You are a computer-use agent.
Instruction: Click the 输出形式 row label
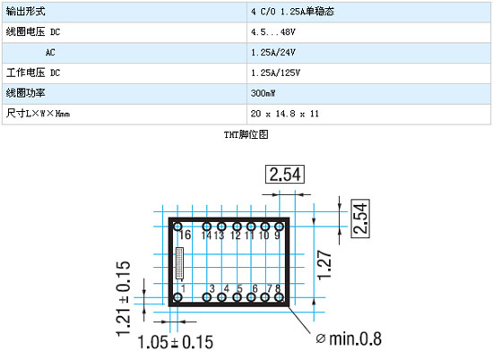click(x=25, y=12)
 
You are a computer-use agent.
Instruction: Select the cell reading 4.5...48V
click(x=272, y=32)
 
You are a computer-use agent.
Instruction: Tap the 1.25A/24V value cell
click(x=272, y=53)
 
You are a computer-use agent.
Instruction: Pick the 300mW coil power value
click(x=264, y=93)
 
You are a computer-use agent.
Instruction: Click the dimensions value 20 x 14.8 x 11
click(x=284, y=114)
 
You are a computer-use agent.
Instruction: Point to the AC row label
click(x=50, y=53)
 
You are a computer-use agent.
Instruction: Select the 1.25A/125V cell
click(x=275, y=73)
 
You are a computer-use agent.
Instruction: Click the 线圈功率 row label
click(x=25, y=93)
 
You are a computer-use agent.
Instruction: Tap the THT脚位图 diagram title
click(x=246, y=134)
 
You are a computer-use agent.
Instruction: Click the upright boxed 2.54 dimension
click(x=285, y=174)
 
